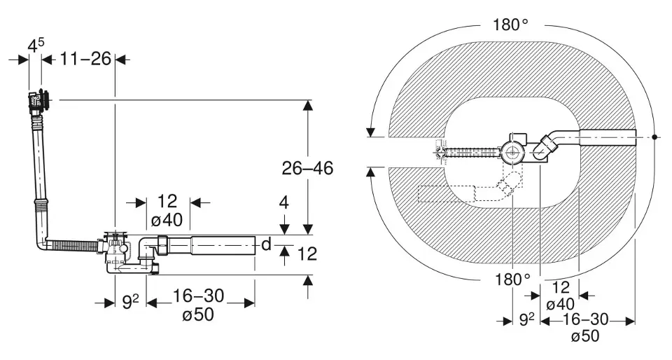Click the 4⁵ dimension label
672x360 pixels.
(36, 45)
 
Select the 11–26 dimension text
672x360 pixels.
(85, 59)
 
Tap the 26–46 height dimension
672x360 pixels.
(307, 168)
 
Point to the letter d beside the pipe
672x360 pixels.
(266, 244)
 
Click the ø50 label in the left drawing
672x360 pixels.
(197, 315)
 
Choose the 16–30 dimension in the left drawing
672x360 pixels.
(198, 296)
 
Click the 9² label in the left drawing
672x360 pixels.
(131, 303)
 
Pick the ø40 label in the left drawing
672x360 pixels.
(167, 221)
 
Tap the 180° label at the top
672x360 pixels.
(510, 25)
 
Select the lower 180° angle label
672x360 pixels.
(513, 280)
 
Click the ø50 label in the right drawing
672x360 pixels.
(585, 336)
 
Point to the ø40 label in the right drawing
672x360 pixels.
(561, 304)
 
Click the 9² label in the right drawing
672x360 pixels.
(526, 319)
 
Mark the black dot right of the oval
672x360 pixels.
(654, 137)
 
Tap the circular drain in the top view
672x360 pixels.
(512, 151)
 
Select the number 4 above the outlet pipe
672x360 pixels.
(283, 202)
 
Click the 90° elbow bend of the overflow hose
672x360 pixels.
(43, 244)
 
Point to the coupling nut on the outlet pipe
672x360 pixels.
(162, 244)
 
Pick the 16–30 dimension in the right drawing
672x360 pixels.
(585, 319)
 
